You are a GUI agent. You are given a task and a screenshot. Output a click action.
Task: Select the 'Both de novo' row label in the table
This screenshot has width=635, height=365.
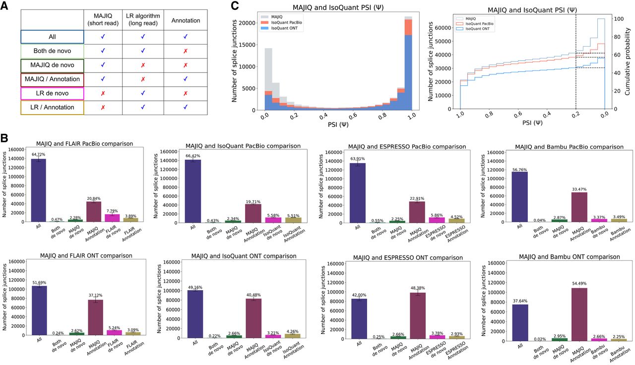click(x=52, y=51)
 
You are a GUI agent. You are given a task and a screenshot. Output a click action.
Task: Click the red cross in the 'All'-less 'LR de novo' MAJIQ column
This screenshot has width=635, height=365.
click(x=102, y=93)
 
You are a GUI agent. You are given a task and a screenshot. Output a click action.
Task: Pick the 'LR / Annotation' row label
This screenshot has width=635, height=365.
click(x=52, y=108)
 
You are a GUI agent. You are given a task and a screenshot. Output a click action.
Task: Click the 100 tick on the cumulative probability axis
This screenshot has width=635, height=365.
click(x=618, y=19)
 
